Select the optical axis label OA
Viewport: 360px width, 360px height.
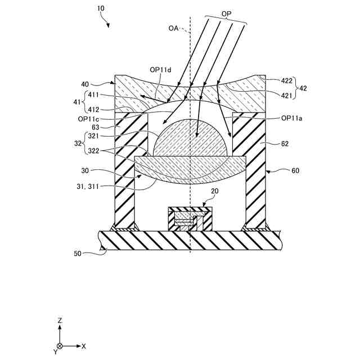174,28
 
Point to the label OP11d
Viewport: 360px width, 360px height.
160,70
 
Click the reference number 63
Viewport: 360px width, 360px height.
97,128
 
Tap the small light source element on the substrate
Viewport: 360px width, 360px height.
190,220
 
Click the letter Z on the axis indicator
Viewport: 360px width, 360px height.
60,321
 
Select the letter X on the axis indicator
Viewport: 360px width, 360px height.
84,346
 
